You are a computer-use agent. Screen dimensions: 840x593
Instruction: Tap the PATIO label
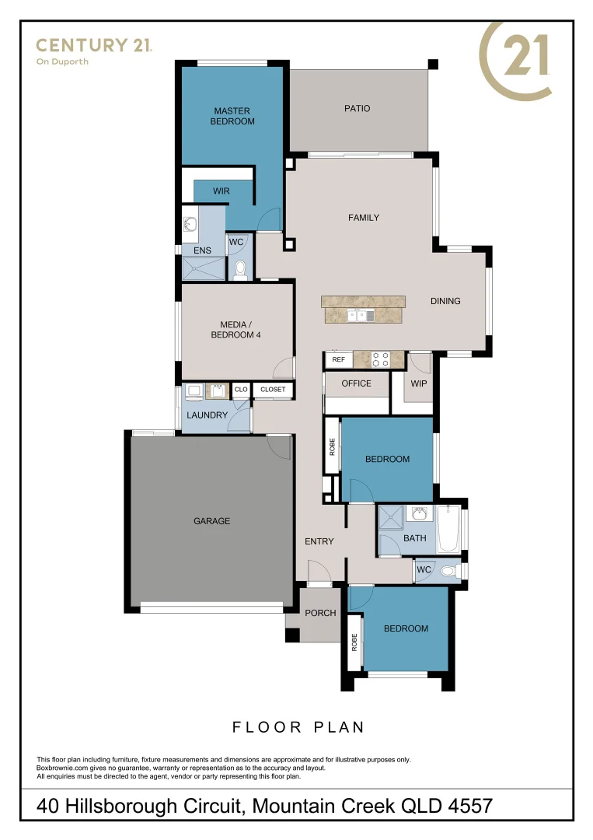coord(357,108)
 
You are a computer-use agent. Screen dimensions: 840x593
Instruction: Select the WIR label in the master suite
coord(222,191)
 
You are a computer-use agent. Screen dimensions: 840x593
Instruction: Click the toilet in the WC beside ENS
coord(240,269)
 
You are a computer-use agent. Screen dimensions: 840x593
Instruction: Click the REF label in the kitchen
coord(338,360)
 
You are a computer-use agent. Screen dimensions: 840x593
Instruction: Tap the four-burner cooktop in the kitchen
coord(381,359)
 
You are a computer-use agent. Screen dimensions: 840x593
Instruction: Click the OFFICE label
coord(356,383)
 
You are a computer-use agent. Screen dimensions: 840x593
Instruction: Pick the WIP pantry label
coord(419,383)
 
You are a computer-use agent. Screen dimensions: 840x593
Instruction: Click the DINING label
coord(446,301)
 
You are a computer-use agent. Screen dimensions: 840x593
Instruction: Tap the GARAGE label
coord(211,521)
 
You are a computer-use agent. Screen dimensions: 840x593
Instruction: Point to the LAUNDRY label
coord(207,415)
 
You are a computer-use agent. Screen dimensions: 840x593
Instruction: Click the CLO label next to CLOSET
coord(241,390)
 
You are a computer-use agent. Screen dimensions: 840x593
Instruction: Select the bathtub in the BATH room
coord(449,529)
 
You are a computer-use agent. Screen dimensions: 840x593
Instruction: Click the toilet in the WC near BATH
coord(448,571)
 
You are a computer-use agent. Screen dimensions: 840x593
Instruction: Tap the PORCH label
coord(320,613)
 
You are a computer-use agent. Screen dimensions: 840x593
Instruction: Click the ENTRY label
coord(319,541)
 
